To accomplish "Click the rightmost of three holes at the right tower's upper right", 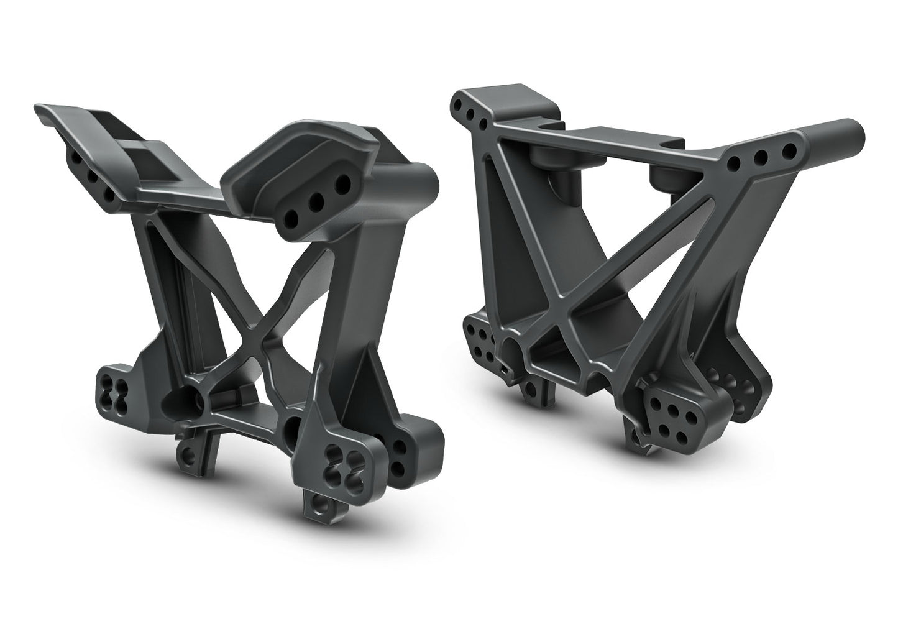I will (790, 151).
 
